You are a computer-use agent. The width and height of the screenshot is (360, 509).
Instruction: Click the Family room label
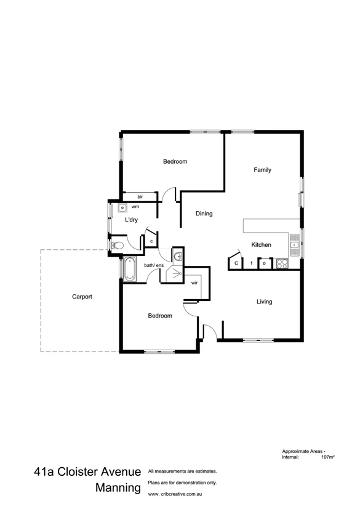(262, 170)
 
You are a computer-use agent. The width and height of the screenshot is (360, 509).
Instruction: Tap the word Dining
(204, 214)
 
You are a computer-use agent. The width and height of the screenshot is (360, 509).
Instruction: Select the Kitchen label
(261, 244)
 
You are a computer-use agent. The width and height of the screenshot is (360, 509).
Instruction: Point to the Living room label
(264, 302)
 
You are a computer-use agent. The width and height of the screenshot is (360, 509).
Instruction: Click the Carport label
(82, 297)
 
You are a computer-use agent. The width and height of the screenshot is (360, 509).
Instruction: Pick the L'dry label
(130, 220)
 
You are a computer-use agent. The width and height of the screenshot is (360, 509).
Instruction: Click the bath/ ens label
(154, 265)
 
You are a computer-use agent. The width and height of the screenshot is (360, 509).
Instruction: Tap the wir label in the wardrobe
(194, 284)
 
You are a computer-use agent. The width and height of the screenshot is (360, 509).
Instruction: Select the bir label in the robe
(140, 196)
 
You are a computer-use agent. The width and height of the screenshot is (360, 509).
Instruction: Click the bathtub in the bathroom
(129, 269)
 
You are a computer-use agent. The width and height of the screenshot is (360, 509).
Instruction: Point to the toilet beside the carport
(118, 246)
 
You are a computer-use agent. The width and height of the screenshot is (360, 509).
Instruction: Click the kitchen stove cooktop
(282, 263)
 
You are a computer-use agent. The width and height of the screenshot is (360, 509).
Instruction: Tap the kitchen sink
(294, 246)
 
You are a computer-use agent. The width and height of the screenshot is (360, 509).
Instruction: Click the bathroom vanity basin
(177, 256)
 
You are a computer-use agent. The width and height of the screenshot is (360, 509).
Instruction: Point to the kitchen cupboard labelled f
(251, 263)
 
